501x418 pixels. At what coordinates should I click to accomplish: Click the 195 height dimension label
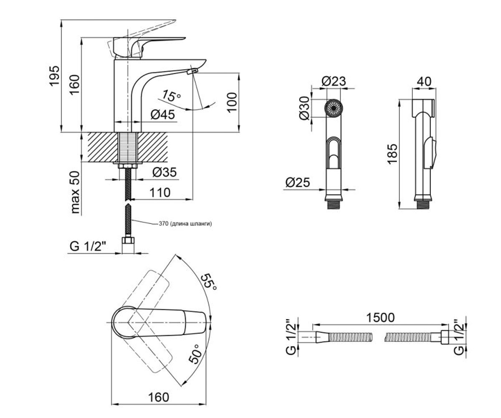[x=54, y=75]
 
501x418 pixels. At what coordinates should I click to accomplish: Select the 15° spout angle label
[x=171, y=95]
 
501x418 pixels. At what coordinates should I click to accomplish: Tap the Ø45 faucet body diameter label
[x=163, y=115]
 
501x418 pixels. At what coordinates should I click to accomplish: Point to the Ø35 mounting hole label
[x=164, y=172]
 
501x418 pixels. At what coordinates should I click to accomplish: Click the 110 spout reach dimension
[x=160, y=192]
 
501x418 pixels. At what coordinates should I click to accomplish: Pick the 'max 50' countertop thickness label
[x=75, y=192]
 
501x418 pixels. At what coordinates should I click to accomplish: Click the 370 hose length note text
[x=185, y=224]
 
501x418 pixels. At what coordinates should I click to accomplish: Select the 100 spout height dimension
[x=232, y=102]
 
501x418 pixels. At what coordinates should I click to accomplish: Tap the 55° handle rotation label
[x=208, y=282]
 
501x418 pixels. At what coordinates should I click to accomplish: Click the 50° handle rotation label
[x=195, y=354]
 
